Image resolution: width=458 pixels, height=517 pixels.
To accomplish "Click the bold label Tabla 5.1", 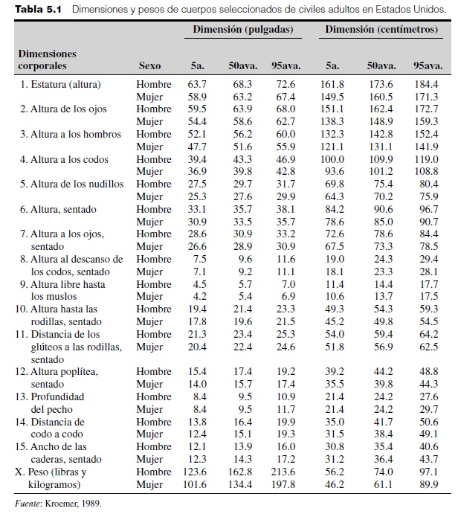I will click(x=36, y=10).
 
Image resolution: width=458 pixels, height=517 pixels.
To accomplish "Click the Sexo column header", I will click(x=149, y=65).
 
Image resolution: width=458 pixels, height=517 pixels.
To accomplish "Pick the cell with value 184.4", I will click(x=427, y=84).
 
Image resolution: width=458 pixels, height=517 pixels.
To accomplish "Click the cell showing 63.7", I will click(x=197, y=84).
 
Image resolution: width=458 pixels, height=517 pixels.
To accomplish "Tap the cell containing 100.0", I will click(x=332, y=159).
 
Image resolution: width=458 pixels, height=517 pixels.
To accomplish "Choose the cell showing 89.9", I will click(x=427, y=484).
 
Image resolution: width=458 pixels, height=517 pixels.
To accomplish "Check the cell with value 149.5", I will click(x=332, y=97).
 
